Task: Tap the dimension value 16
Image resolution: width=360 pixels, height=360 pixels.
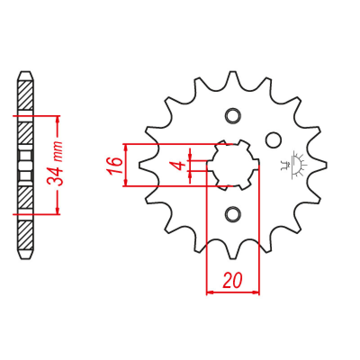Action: [115, 166]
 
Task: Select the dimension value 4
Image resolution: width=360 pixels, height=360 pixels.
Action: [177, 165]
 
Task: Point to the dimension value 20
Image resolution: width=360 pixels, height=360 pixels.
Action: [233, 280]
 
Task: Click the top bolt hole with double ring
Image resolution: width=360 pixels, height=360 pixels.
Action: [233, 116]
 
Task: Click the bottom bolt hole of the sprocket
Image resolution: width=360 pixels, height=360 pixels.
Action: [233, 215]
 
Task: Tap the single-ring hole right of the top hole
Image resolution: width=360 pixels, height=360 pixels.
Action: [274, 140]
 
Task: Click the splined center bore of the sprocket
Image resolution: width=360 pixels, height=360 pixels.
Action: [233, 165]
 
